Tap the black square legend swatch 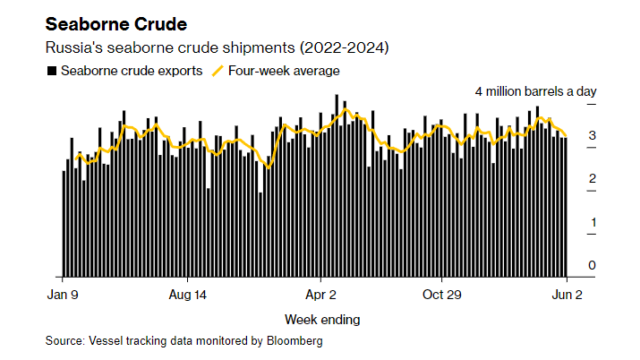click(x=51, y=70)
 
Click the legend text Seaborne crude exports click(x=132, y=70)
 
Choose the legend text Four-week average click(x=284, y=70)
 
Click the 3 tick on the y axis click(x=592, y=135)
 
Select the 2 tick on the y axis click(x=592, y=179)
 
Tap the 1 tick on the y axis click(x=592, y=222)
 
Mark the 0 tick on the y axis click(x=592, y=265)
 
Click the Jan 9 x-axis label click(x=63, y=295)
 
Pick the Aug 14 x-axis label click(x=187, y=295)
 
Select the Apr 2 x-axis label click(x=320, y=295)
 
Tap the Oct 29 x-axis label click(x=441, y=295)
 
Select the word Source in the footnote click(x=64, y=341)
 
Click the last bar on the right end click(x=566, y=206)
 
